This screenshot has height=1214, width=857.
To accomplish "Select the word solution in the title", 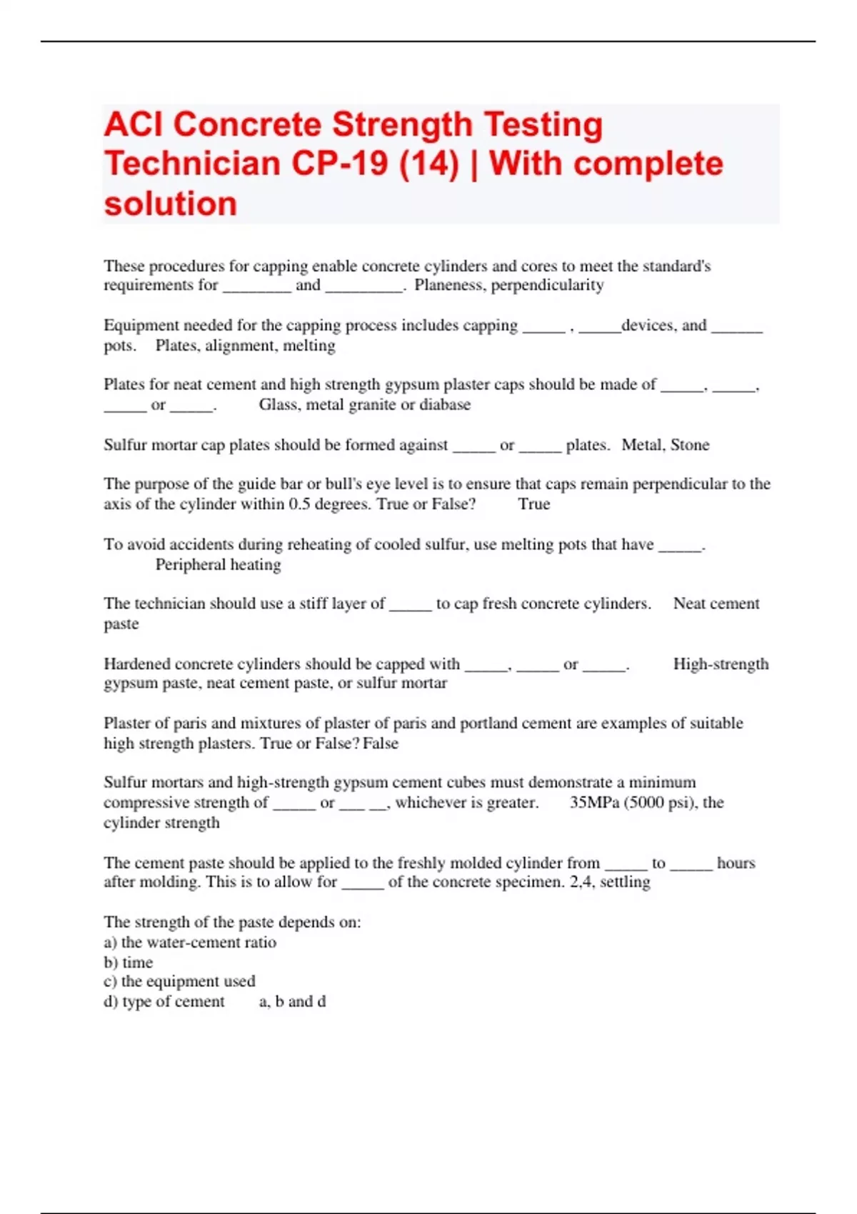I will (170, 204).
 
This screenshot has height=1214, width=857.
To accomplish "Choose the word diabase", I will (445, 405).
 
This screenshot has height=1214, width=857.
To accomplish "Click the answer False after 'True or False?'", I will (381, 743).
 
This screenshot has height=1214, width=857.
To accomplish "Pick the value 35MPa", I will (594, 803).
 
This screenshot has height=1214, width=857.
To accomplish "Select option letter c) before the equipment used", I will (110, 981).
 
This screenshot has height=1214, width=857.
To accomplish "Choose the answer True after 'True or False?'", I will (534, 504).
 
